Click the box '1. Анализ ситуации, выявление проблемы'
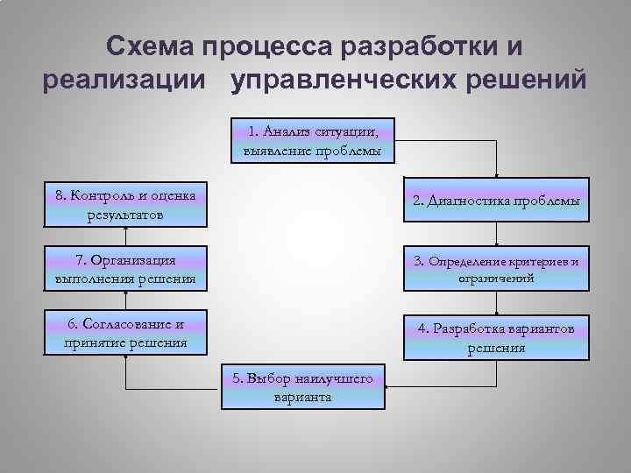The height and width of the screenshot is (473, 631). [314, 141]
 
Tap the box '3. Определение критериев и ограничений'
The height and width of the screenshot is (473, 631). [496, 269]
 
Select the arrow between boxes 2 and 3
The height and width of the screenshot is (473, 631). [497, 234]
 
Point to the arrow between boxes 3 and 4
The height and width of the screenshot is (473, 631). [497, 302]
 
